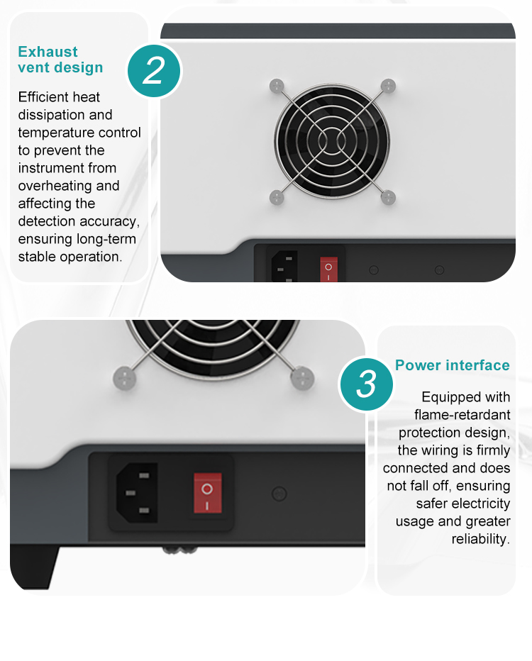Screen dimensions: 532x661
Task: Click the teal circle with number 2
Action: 154,71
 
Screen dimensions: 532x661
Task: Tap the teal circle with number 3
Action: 366,384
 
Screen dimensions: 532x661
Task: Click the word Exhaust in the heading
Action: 48,52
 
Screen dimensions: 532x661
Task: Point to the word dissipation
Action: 65,115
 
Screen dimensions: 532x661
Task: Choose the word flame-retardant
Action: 462,414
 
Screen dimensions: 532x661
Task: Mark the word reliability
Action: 480,539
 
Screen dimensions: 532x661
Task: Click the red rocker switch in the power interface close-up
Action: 207,493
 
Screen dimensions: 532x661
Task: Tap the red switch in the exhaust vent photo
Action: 329,269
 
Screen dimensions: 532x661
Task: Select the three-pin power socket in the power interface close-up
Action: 137,493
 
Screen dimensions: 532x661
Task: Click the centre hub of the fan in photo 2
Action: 332,141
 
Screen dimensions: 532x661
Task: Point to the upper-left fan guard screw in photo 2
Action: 277,86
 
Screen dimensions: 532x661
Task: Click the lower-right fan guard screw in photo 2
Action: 388,197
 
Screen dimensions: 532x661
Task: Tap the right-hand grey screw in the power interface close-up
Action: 302,378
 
